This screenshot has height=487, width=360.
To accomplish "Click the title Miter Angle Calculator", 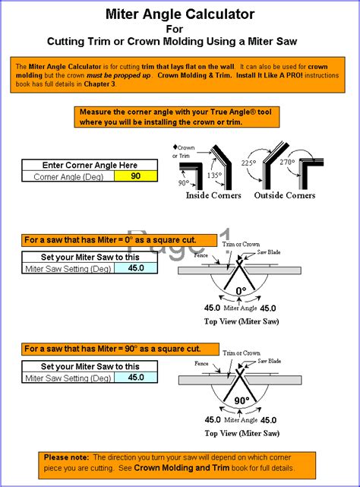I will point(179,14).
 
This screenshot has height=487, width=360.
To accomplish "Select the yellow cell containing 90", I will point(136,176).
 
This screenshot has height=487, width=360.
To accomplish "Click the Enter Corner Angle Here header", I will point(90,165).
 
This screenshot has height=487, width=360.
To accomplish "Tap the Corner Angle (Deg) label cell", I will point(68,176).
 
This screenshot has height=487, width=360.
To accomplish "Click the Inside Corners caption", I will point(213,195).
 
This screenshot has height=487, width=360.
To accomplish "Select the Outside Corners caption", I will point(284,195).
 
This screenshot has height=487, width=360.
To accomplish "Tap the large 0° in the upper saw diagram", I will point(242,290).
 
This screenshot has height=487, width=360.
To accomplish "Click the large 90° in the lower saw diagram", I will point(242,400).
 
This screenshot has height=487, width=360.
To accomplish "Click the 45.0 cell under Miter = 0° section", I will point(136,268).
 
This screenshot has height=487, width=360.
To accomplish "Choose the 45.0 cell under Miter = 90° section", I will point(136,377).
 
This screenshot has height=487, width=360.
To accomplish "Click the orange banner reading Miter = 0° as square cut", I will point(111,240).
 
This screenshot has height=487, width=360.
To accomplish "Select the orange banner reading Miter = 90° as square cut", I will point(112,349).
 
